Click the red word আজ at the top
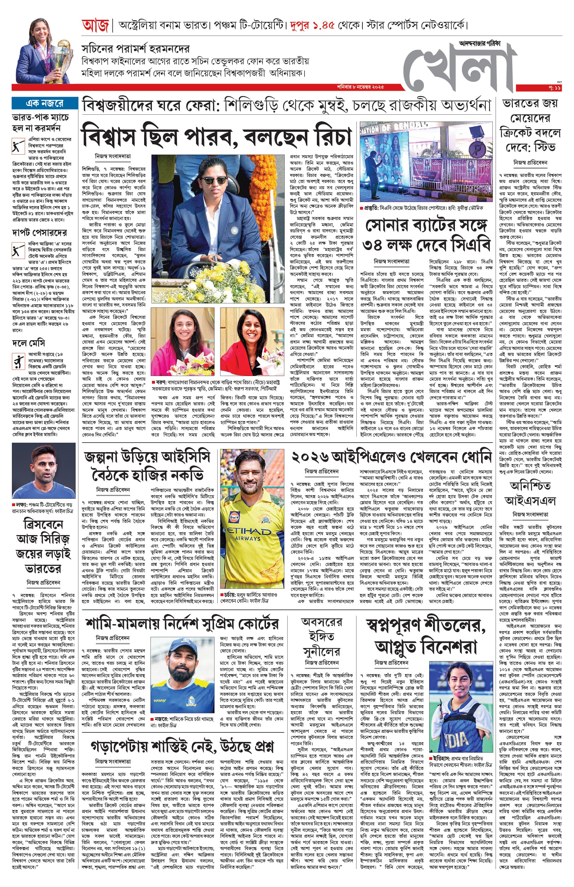tap(95, 26)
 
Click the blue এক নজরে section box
tap(45, 103)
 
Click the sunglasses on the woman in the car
tap(214, 181)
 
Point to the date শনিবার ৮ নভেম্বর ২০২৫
tap(360, 87)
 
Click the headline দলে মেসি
tap(28, 342)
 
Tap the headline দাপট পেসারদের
tap(40, 233)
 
